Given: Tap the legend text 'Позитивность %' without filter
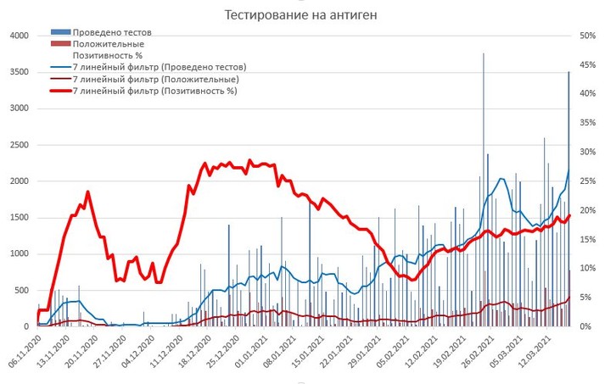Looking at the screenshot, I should tap(108, 55).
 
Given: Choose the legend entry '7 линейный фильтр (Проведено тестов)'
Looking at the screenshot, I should tap(158, 66).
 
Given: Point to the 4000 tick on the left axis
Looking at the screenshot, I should tap(19, 36).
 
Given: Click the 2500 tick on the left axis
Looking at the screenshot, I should tap(19, 145).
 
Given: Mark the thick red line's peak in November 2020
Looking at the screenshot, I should tap(87, 192).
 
